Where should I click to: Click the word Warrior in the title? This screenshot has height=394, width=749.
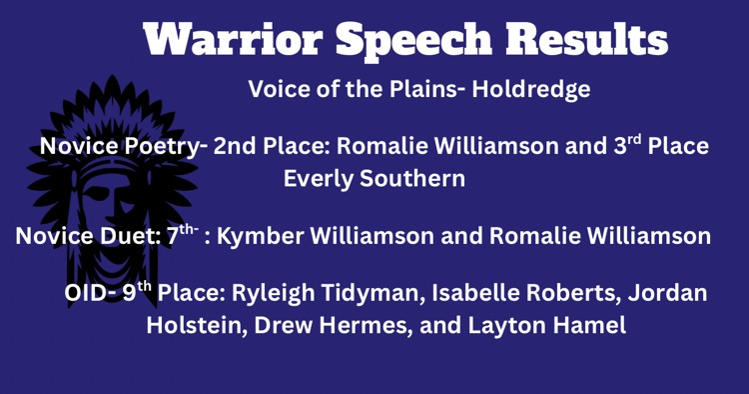[x=233, y=40]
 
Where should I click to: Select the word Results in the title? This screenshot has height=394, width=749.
[x=586, y=40]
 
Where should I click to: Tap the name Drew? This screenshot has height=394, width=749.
[x=281, y=326]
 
